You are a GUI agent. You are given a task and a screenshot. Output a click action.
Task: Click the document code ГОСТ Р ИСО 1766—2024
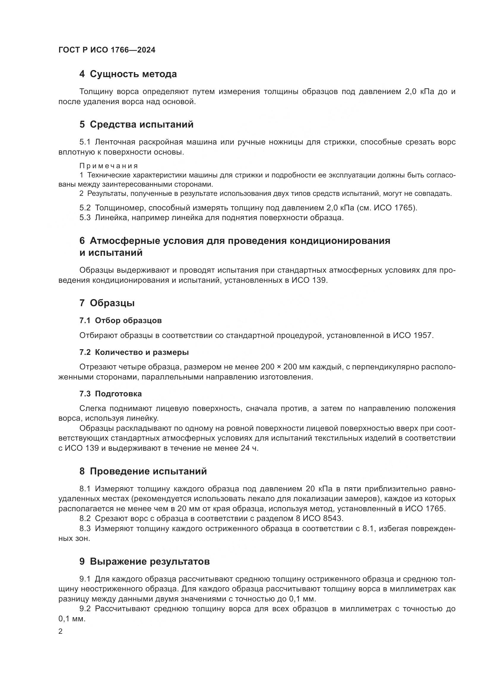point(107,50)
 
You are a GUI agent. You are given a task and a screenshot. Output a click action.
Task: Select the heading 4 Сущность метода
point(128,74)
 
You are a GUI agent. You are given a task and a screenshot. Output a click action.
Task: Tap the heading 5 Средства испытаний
point(136,124)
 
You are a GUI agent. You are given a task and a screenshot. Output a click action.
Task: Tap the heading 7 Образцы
point(107,303)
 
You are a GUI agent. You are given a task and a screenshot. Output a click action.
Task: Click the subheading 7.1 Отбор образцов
point(120,320)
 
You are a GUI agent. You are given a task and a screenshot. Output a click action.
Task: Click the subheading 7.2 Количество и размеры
point(134,352)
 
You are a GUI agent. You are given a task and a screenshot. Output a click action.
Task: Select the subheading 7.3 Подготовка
point(110,393)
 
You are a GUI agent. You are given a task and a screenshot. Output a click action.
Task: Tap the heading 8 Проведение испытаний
point(143,471)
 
